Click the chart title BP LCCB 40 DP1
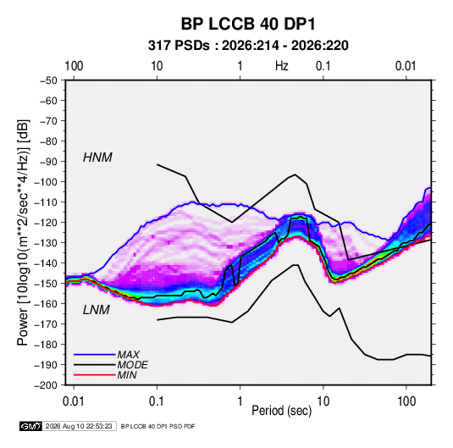[x=248, y=24]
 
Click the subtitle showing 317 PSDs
[x=248, y=46]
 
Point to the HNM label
[x=97, y=158]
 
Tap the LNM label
[x=97, y=310]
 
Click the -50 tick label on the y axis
[x=48, y=80]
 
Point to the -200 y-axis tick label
[x=46, y=385]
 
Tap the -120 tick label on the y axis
[x=46, y=223]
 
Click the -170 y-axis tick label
[x=46, y=324]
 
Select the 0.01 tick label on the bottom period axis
[x=74, y=401]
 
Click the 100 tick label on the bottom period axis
[x=406, y=401]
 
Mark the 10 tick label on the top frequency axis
[x=157, y=66]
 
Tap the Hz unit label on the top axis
[x=281, y=66]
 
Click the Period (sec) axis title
[x=282, y=411]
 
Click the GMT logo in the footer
[x=30, y=426]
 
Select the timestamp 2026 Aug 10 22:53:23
[x=79, y=426]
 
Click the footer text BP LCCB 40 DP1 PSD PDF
[x=157, y=426]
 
